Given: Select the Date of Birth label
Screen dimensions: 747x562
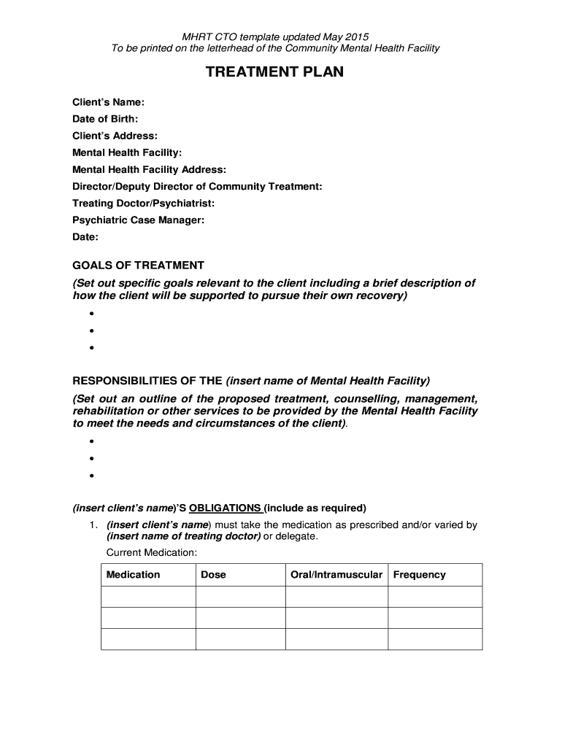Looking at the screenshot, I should [105, 119].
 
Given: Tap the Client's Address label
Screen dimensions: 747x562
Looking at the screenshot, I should [115, 136].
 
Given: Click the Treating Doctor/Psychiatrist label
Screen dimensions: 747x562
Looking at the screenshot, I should [143, 203].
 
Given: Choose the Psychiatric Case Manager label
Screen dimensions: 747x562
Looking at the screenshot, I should [138, 220].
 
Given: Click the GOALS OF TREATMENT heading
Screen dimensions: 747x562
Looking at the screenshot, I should [138, 266].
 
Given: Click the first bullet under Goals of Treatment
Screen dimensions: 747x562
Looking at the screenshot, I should [92, 314].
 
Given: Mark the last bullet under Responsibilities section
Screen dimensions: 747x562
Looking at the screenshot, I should [92, 476].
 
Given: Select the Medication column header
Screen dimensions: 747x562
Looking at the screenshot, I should [133, 575].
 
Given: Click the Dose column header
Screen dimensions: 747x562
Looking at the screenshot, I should [213, 575].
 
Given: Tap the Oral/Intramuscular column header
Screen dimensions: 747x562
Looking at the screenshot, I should [336, 575].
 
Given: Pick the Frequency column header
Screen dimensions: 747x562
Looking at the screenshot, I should [419, 575].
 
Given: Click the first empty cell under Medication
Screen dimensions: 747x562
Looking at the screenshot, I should [148, 597].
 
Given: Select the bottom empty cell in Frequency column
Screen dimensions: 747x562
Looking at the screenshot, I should [434, 639].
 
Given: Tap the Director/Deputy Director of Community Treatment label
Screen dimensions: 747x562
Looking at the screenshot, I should [197, 186].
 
